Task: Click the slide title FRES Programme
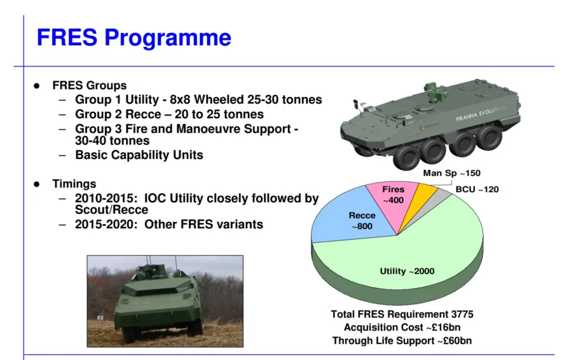(x=133, y=38)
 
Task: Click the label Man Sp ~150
(x=452, y=173)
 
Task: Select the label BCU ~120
(x=477, y=190)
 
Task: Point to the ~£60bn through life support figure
(x=454, y=341)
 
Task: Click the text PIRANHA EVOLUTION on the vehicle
(x=481, y=114)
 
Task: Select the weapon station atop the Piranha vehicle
(x=435, y=93)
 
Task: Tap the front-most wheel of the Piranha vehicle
(x=406, y=156)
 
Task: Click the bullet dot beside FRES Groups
(x=36, y=86)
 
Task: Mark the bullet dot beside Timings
(x=36, y=184)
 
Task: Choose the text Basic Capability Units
(x=139, y=155)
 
